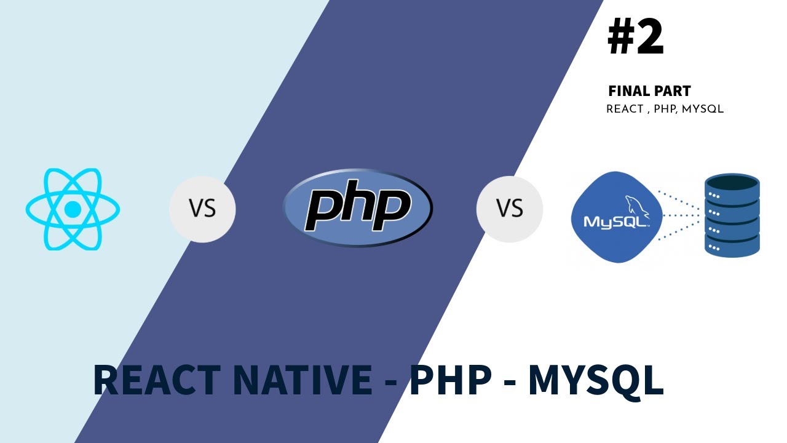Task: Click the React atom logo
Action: (73, 210)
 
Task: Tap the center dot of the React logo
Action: (73, 210)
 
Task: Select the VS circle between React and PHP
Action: (202, 209)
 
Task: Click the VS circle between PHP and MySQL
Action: (509, 209)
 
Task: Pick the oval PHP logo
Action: (357, 208)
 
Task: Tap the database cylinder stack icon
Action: (732, 215)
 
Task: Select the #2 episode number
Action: (636, 38)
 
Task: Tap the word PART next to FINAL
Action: (673, 91)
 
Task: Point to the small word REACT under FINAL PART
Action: (625, 110)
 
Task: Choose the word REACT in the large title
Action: (157, 380)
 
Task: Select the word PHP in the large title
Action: (450, 380)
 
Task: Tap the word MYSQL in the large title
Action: (595, 380)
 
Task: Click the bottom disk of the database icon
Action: (732, 245)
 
